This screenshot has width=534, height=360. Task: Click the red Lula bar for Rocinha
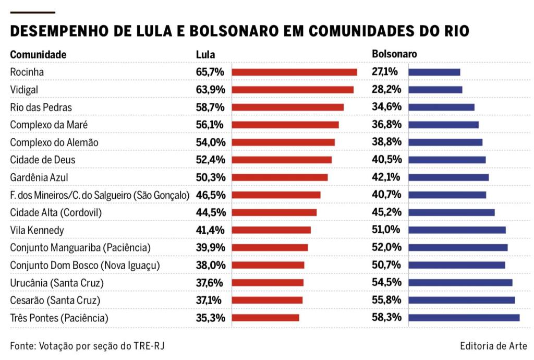(x=294, y=72)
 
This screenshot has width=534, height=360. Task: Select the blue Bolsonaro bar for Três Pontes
(x=464, y=318)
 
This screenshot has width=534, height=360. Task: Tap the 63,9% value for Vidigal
(x=210, y=90)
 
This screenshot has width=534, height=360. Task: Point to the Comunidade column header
(x=38, y=54)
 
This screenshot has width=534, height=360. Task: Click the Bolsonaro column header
(x=394, y=54)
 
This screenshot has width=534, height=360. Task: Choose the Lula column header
(x=205, y=54)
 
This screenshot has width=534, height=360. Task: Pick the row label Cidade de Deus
(x=43, y=160)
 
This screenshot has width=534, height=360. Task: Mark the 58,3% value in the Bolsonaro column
(x=386, y=318)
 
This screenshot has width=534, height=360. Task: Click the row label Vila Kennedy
(x=37, y=230)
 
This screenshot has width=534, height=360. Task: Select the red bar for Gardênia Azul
(x=280, y=177)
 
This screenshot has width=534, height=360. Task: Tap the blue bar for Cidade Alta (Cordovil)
(x=451, y=212)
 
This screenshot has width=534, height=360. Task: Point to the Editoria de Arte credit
(x=493, y=346)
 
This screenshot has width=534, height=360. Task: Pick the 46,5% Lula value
(x=210, y=195)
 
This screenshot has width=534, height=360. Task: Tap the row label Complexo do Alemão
(x=54, y=142)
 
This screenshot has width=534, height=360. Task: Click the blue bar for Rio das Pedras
(x=441, y=107)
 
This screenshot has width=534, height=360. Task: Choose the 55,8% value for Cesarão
(x=386, y=300)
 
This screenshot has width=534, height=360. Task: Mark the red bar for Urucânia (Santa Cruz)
(x=268, y=283)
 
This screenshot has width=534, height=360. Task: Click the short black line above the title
(x=32, y=11)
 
